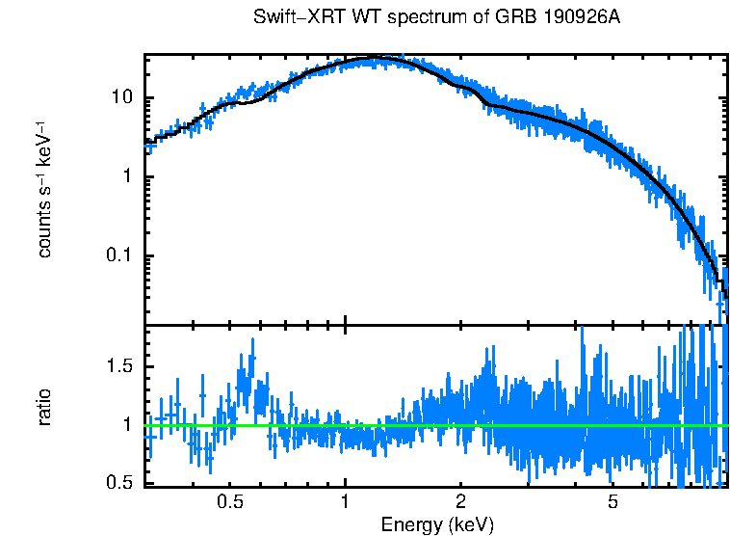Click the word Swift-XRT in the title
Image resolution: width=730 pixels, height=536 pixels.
click(x=289, y=18)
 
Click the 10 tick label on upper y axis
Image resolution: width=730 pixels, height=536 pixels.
click(x=122, y=98)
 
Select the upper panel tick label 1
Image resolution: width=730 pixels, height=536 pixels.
click(x=128, y=177)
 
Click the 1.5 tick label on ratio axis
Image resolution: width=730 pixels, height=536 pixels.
click(x=119, y=366)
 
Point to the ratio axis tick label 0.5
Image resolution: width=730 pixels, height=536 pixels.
click(x=119, y=483)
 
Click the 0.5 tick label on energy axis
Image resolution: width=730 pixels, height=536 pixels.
click(x=229, y=502)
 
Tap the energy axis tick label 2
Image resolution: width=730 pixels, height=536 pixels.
click(x=461, y=502)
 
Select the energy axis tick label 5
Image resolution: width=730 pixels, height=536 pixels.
click(x=613, y=502)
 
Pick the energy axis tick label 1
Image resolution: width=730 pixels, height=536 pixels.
click(x=345, y=502)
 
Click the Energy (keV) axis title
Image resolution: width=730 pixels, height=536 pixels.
click(x=437, y=524)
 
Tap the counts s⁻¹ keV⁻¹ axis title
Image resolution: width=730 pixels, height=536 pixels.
click(x=44, y=189)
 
